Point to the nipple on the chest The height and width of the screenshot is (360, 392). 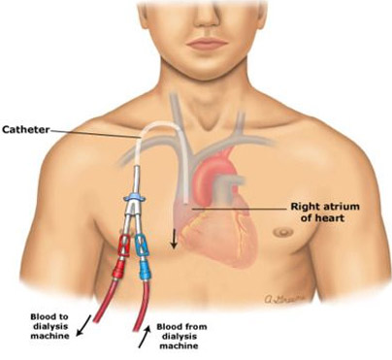[x=280, y=232]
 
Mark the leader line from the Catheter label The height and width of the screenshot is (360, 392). [x=97, y=132]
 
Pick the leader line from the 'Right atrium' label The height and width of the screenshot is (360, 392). [x=243, y=207]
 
